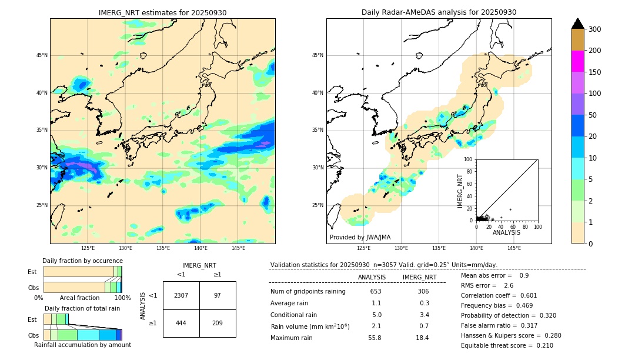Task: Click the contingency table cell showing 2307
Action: point(181,295)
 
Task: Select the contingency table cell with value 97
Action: point(218,295)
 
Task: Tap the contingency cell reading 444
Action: point(181,323)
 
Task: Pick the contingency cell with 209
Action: point(218,323)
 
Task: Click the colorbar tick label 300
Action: point(595,29)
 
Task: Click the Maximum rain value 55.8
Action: point(375,338)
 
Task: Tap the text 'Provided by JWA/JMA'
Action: point(360,237)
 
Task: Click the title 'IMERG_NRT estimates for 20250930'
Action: point(162,12)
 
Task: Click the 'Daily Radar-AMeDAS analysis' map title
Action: point(439,12)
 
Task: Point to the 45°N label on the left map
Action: point(42,55)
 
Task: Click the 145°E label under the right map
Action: point(514,248)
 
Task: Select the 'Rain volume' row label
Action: point(310,326)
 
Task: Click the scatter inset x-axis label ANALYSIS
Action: point(506,232)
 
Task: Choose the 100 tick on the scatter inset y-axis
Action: point(469,159)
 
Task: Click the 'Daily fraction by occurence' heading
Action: point(82,261)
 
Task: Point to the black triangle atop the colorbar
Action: point(578,24)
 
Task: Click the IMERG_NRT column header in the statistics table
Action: point(419,277)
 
